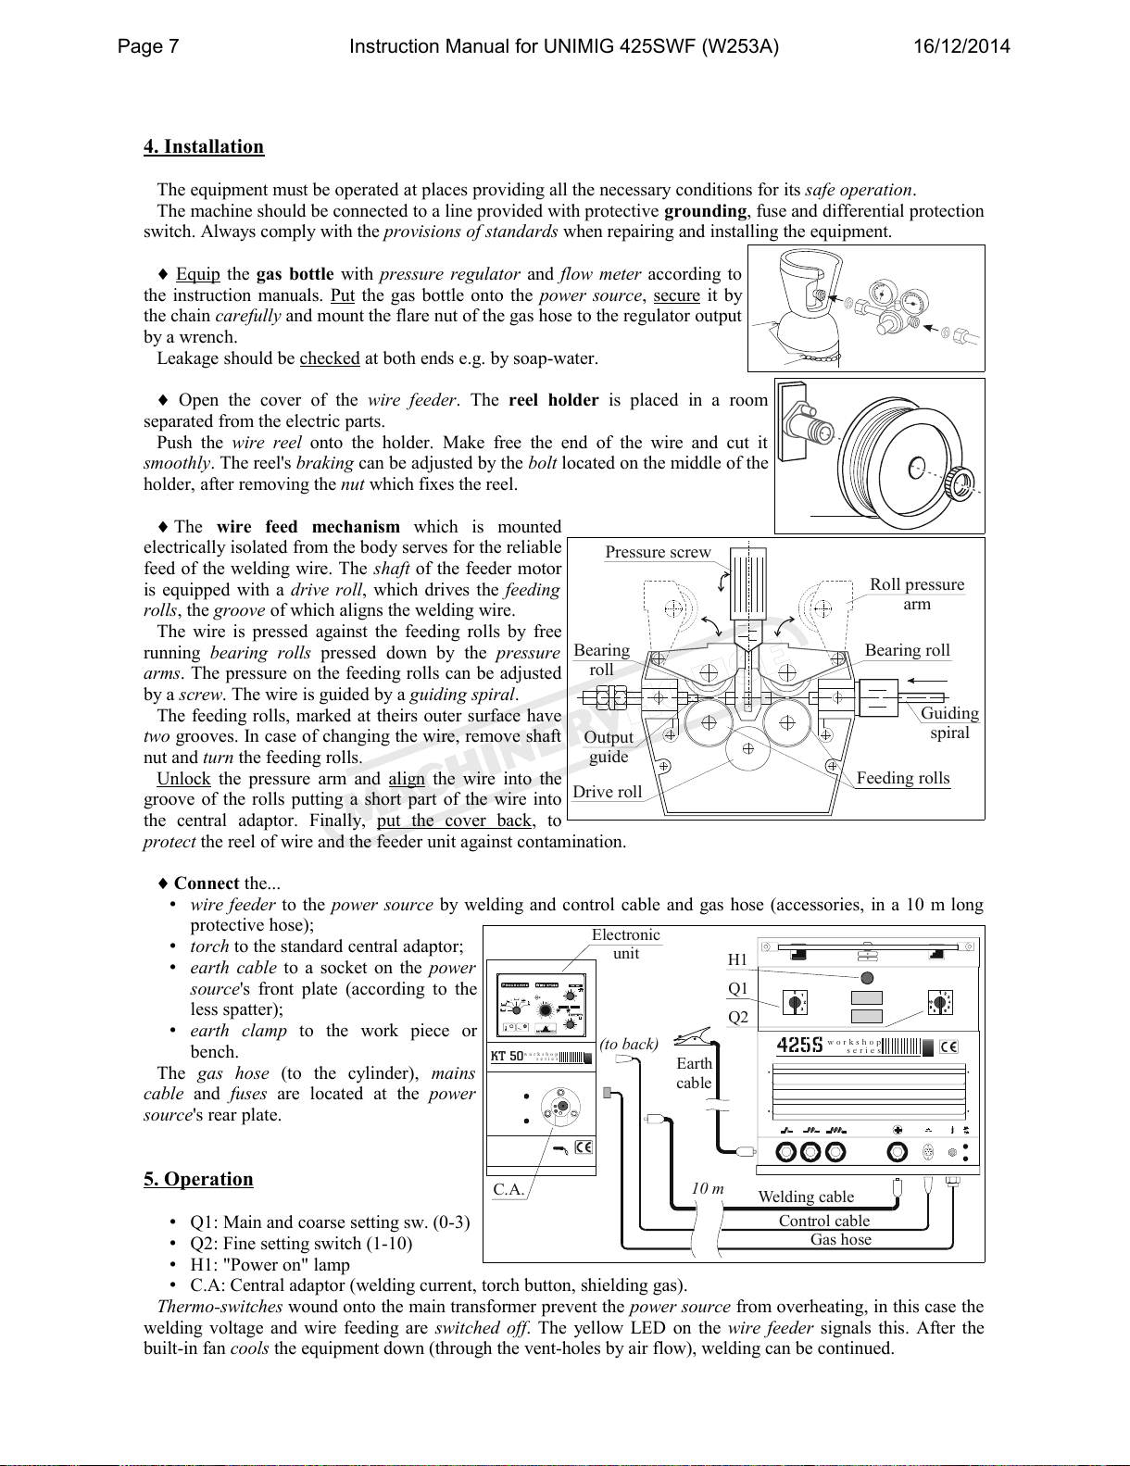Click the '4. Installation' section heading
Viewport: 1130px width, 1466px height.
pos(204,146)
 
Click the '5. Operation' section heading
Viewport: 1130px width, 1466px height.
pos(198,1179)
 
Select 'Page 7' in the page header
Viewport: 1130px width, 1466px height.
pos(148,46)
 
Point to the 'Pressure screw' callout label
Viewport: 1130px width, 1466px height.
pos(658,553)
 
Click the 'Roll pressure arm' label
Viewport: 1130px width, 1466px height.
pos(917,594)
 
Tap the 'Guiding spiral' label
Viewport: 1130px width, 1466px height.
pos(949,722)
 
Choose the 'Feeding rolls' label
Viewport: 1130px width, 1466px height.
pos(903,778)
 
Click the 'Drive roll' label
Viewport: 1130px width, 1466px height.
pos(607,792)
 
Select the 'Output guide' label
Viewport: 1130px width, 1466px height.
pos(609,746)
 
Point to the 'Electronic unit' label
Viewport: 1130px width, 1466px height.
pos(626,944)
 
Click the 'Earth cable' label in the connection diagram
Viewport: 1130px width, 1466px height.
pos(694,1073)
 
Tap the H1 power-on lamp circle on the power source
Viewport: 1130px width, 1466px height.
pos(867,978)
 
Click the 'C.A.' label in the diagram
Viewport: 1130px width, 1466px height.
pos(509,1189)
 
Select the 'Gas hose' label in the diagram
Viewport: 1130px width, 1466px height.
pos(841,1239)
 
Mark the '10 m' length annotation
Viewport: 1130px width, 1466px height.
pos(708,1188)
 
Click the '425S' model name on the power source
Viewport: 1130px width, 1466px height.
pos(799,1046)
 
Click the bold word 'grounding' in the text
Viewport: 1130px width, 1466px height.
pos(705,211)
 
